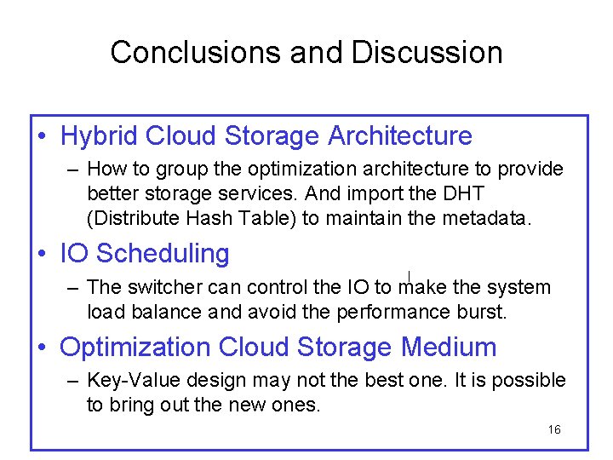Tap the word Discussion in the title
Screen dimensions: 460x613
(427, 53)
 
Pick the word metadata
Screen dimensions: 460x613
(486, 218)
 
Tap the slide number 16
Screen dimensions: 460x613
(554, 429)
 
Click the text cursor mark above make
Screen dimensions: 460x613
(410, 275)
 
